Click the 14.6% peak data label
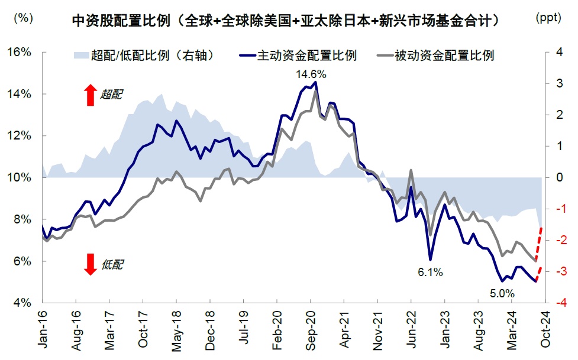coord(311,74)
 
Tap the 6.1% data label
coord(429,272)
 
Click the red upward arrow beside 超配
coord(90,95)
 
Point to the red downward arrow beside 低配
coord(90,264)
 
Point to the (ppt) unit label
coord(551,18)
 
